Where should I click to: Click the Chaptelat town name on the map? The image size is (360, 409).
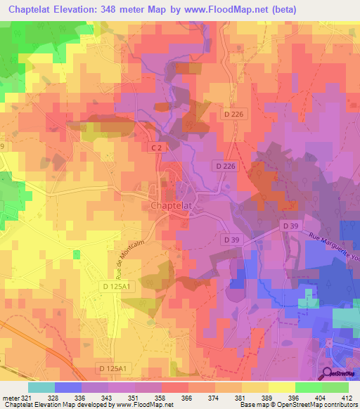tap(172, 205)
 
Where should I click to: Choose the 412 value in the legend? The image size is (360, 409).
tap(347, 398)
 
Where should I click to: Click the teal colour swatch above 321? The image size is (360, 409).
tap(41, 387)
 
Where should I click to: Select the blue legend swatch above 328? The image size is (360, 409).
tap(68, 387)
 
